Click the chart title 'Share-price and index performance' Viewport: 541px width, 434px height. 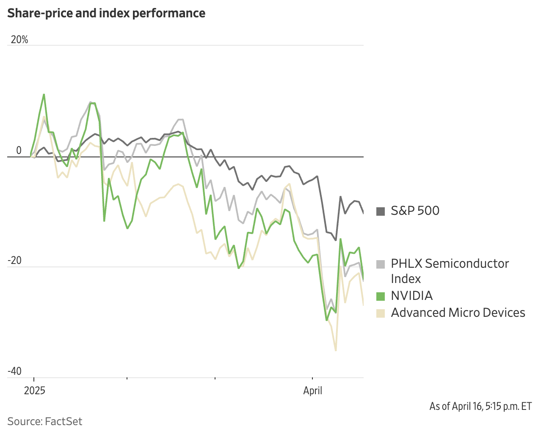pyautogui.click(x=106, y=13)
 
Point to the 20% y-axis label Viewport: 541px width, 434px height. pyautogui.click(x=19, y=40)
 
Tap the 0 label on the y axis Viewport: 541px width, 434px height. pyautogui.click(x=19, y=151)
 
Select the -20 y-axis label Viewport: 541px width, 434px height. pyautogui.click(x=14, y=261)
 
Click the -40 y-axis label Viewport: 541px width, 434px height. pyautogui.click(x=14, y=371)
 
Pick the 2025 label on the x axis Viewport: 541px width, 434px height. pyautogui.click(x=34, y=390)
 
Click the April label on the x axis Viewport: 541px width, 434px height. pyautogui.click(x=312, y=390)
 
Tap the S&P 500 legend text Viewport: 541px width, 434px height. pyautogui.click(x=415, y=211)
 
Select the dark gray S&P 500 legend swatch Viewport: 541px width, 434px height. pyautogui.click(x=381, y=211)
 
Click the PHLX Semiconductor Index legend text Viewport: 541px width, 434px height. pyautogui.click(x=450, y=271)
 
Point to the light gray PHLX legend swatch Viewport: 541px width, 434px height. pyautogui.click(x=381, y=264)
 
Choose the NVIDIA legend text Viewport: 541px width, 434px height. pyautogui.click(x=411, y=296)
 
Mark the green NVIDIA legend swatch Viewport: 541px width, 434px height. pyautogui.click(x=381, y=296)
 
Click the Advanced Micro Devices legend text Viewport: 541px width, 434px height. pyautogui.click(x=458, y=313)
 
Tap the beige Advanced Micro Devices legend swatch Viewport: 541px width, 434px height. pyautogui.click(x=381, y=313)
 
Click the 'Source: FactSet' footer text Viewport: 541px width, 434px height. pyautogui.click(x=45, y=421)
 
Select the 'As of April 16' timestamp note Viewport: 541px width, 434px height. pyautogui.click(x=480, y=407)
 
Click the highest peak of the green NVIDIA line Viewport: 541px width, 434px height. pyautogui.click(x=44, y=94)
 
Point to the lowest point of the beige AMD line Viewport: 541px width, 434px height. pyautogui.click(x=336, y=350)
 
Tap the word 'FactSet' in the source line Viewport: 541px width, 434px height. pyautogui.click(x=63, y=421)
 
